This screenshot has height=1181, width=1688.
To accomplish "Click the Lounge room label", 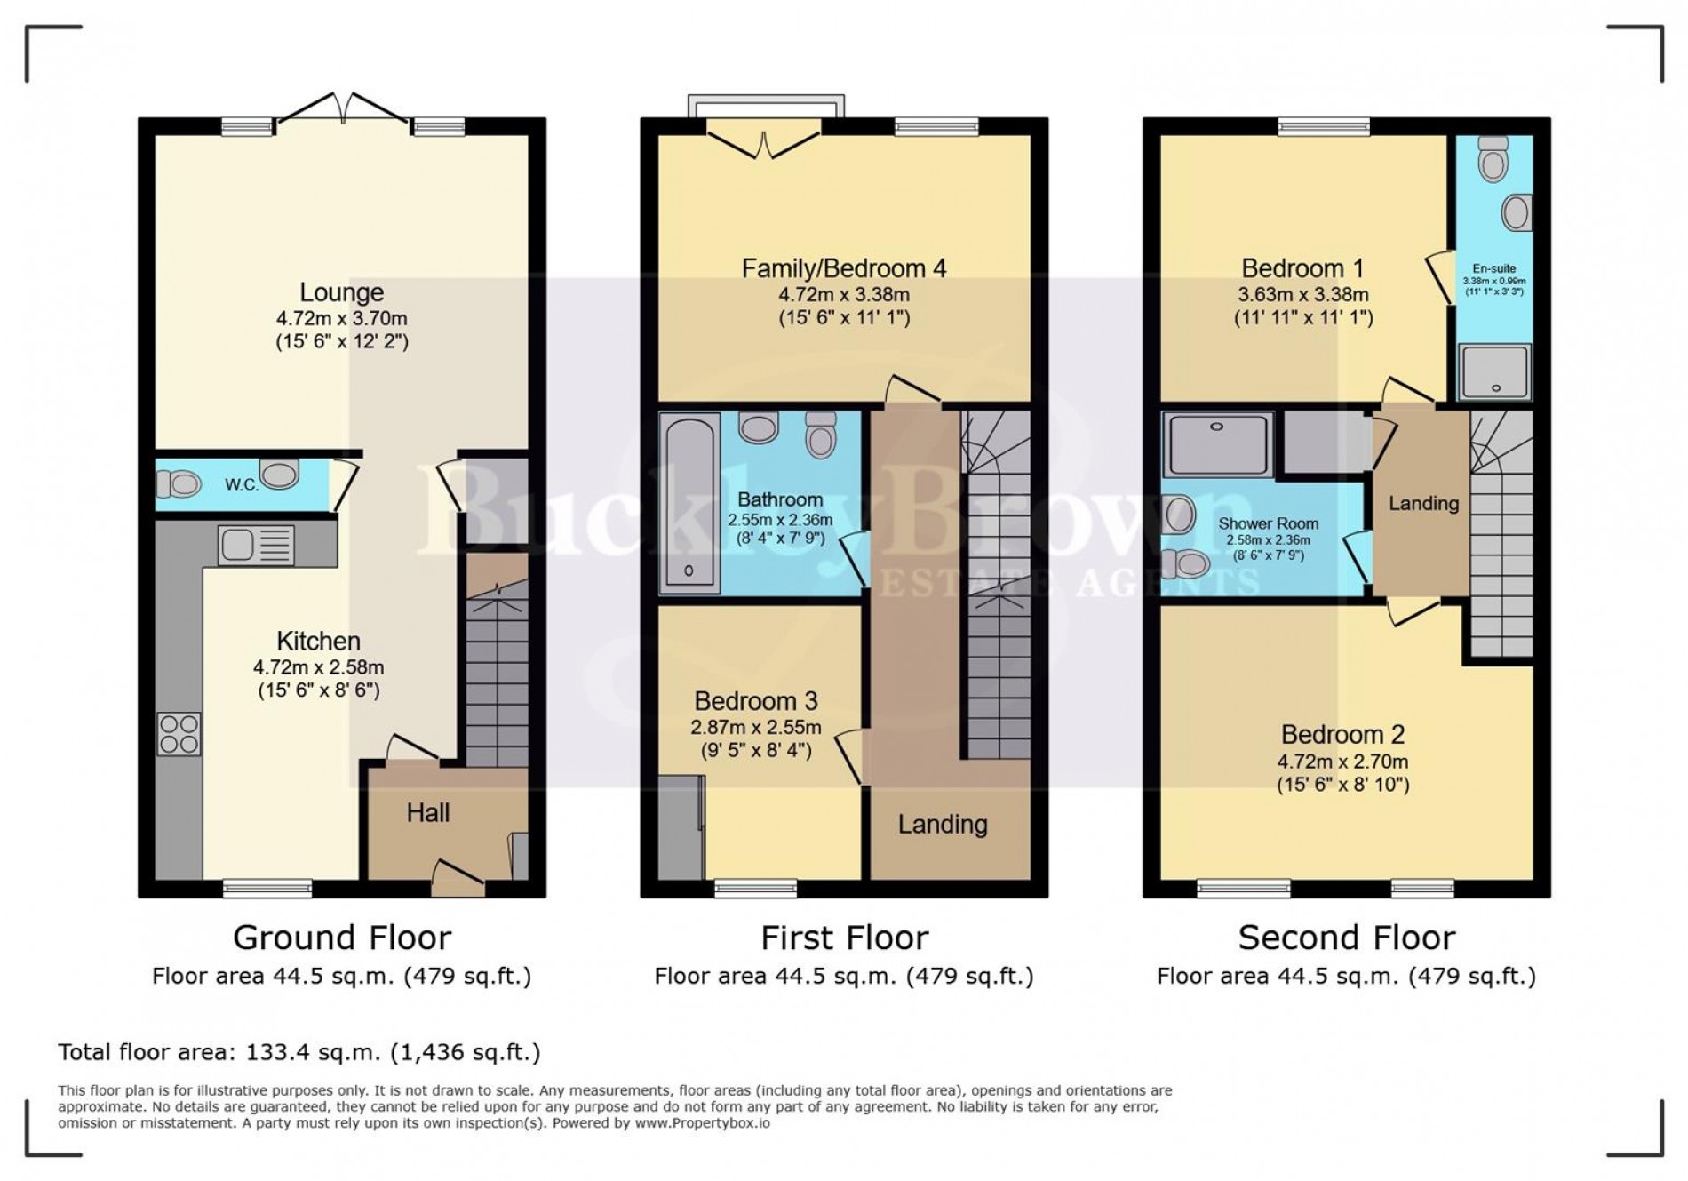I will (x=341, y=292).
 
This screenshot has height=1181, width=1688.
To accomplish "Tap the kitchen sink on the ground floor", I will (x=256, y=545).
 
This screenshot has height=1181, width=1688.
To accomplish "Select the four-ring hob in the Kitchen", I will (x=179, y=734).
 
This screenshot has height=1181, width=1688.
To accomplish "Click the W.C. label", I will (x=242, y=485).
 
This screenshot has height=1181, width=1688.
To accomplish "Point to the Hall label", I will (x=427, y=812).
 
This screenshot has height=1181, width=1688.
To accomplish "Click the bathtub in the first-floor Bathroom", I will (x=689, y=503).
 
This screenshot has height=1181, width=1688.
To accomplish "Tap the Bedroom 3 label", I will (x=755, y=701).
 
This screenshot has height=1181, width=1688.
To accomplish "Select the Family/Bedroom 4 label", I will (x=843, y=268).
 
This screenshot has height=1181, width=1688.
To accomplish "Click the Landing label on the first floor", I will (x=942, y=825).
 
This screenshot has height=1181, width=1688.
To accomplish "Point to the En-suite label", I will (x=1493, y=268).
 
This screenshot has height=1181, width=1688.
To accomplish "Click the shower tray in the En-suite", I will (x=1496, y=371).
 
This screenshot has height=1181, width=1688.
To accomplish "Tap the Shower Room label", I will (x=1268, y=524).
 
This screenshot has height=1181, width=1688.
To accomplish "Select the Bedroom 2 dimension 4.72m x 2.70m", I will (x=1342, y=762).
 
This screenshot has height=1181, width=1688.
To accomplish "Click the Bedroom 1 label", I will (x=1302, y=268).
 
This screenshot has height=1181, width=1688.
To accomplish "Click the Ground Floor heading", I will (x=341, y=938).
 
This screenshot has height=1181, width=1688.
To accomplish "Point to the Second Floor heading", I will (x=1346, y=938).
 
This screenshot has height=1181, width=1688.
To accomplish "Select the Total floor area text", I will (x=299, y=1052).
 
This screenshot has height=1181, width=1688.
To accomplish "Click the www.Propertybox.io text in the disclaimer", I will (x=702, y=1123).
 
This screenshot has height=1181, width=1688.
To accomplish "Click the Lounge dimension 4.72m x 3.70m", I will (x=341, y=318).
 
